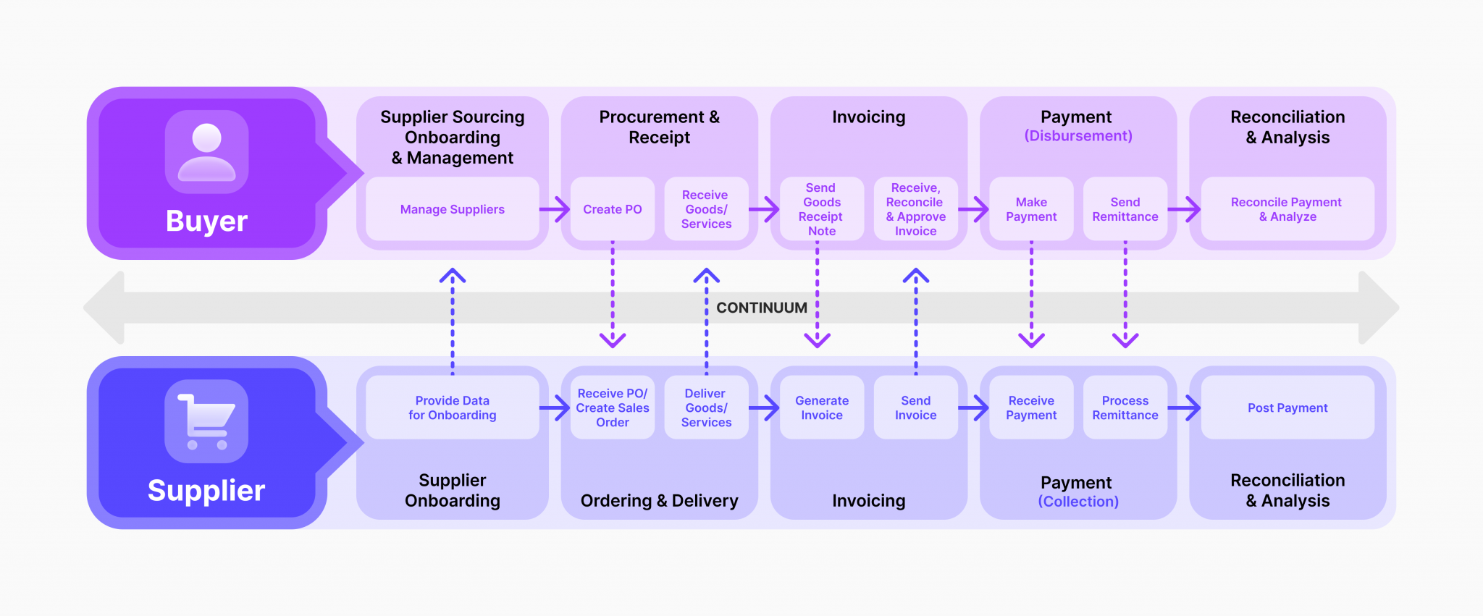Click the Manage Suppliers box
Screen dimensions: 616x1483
452,209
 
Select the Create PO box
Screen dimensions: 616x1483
613,209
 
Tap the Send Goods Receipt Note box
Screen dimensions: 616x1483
821,209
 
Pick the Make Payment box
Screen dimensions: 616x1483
1031,209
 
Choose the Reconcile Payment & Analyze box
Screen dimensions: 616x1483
1287,209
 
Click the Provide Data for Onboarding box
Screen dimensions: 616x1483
452,408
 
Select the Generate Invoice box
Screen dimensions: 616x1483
821,408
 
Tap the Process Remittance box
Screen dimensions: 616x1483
1125,408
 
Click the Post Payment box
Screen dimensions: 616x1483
1287,408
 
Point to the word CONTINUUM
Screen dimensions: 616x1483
761,308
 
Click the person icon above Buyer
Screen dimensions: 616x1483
206,152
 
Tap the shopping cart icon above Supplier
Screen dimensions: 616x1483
206,421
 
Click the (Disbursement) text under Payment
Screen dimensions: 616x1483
1077,136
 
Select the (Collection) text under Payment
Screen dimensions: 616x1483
1077,502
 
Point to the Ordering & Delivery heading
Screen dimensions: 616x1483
659,501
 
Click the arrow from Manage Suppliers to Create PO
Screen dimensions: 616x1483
555,209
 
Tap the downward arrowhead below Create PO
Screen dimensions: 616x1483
613,339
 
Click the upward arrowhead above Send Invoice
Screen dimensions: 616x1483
915,276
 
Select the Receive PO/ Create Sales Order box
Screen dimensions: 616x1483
613,408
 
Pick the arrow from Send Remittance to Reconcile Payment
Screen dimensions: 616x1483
1184,209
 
